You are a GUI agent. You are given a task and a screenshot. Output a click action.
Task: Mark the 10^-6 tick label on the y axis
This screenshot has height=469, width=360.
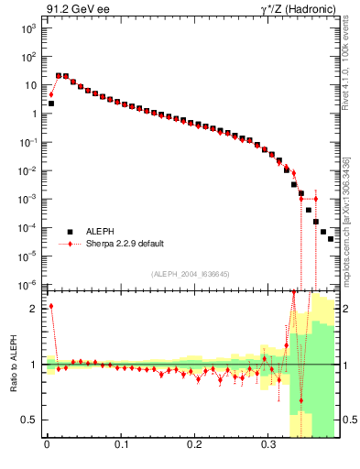(x=27, y=285)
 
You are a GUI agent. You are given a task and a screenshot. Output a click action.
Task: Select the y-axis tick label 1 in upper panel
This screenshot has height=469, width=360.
(x=32, y=115)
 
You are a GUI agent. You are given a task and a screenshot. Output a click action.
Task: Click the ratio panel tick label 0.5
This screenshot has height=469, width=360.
(x=30, y=420)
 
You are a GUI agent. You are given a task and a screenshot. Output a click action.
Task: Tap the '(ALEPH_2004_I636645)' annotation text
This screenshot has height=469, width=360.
(x=190, y=273)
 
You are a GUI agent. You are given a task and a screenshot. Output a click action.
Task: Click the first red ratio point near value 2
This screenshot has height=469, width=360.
(x=51, y=306)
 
